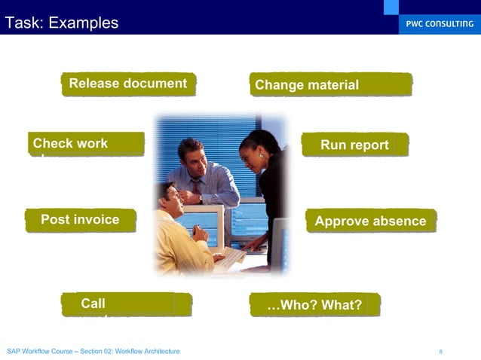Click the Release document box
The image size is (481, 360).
point(128,84)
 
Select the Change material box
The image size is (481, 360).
point(331,84)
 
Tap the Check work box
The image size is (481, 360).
point(86,144)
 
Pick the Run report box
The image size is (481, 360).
point(354,145)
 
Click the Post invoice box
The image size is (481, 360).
point(81,220)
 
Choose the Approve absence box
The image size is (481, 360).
point(370,221)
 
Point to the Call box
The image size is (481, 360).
point(126,304)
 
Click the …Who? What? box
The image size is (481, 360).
point(314,304)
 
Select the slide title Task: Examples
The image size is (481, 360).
point(62,23)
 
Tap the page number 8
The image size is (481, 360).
point(440,352)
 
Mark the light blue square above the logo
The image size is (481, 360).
point(391,7)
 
